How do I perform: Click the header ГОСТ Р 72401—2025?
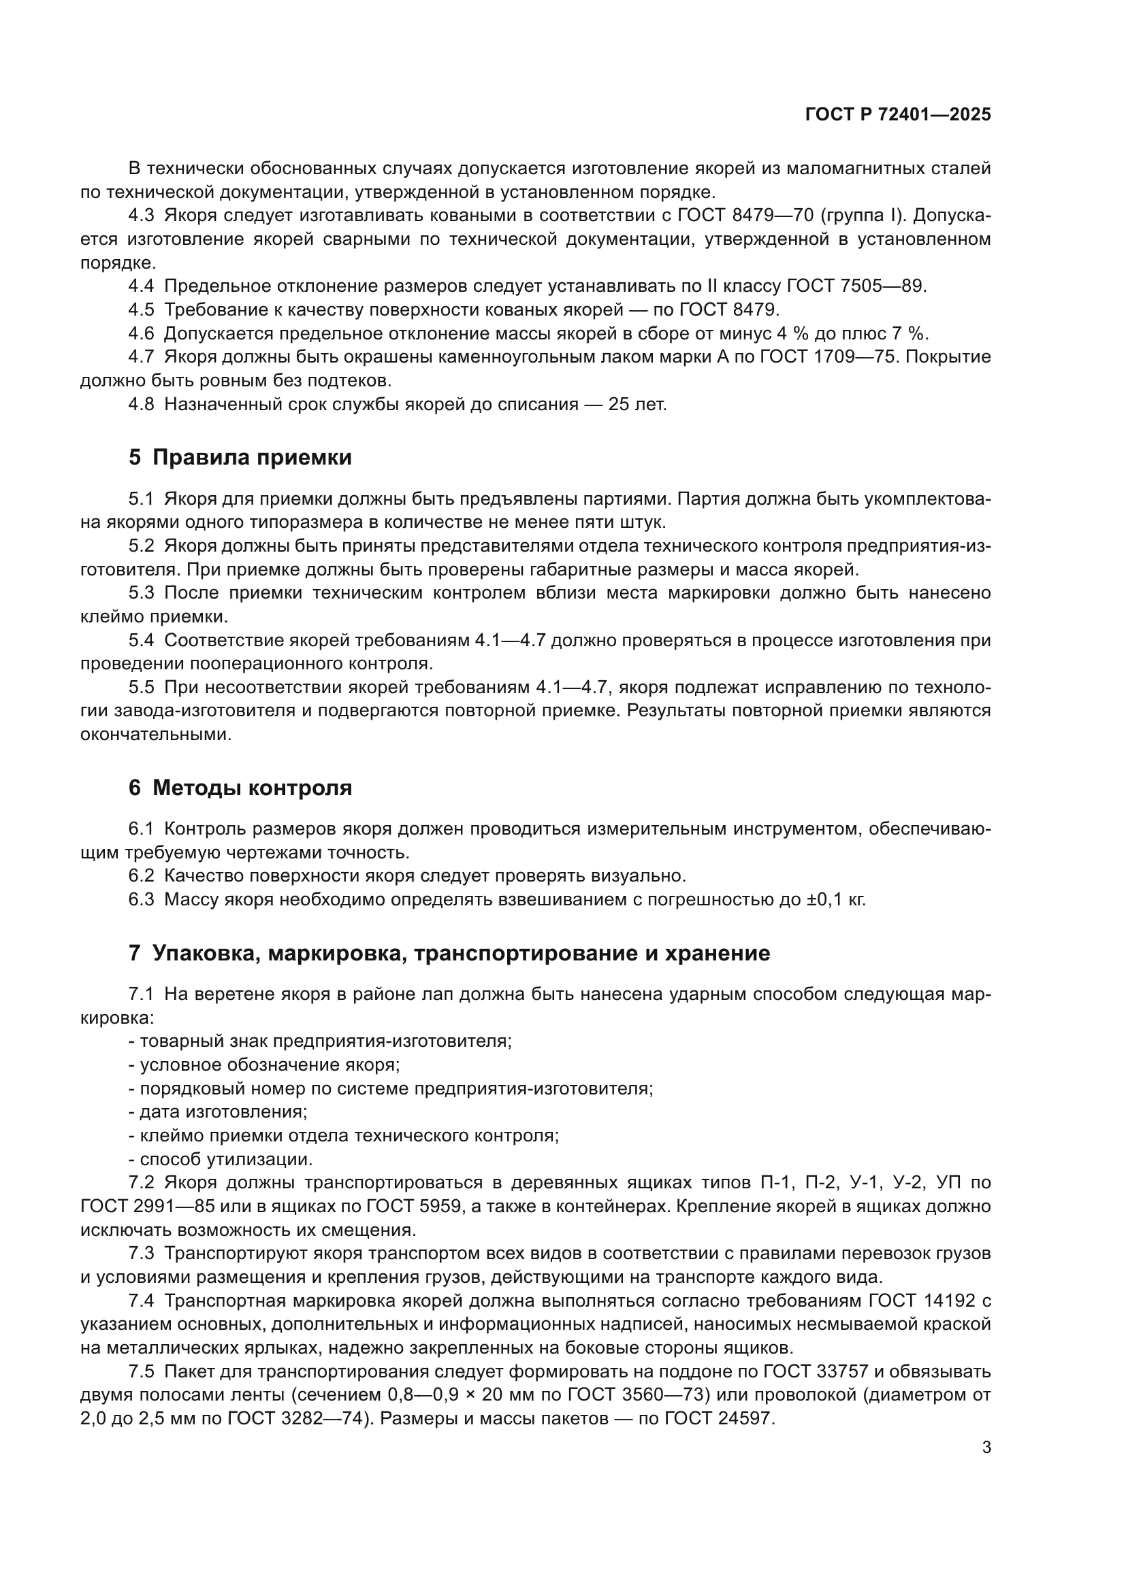tap(898, 115)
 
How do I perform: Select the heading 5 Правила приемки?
tap(240, 457)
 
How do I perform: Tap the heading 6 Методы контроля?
tap(240, 788)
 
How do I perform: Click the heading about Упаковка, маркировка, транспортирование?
tap(449, 954)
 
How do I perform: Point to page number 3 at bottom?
tap(986, 1447)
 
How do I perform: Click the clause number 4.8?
tap(141, 404)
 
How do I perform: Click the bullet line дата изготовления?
tap(218, 1112)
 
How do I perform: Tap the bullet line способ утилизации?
tap(221, 1159)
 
